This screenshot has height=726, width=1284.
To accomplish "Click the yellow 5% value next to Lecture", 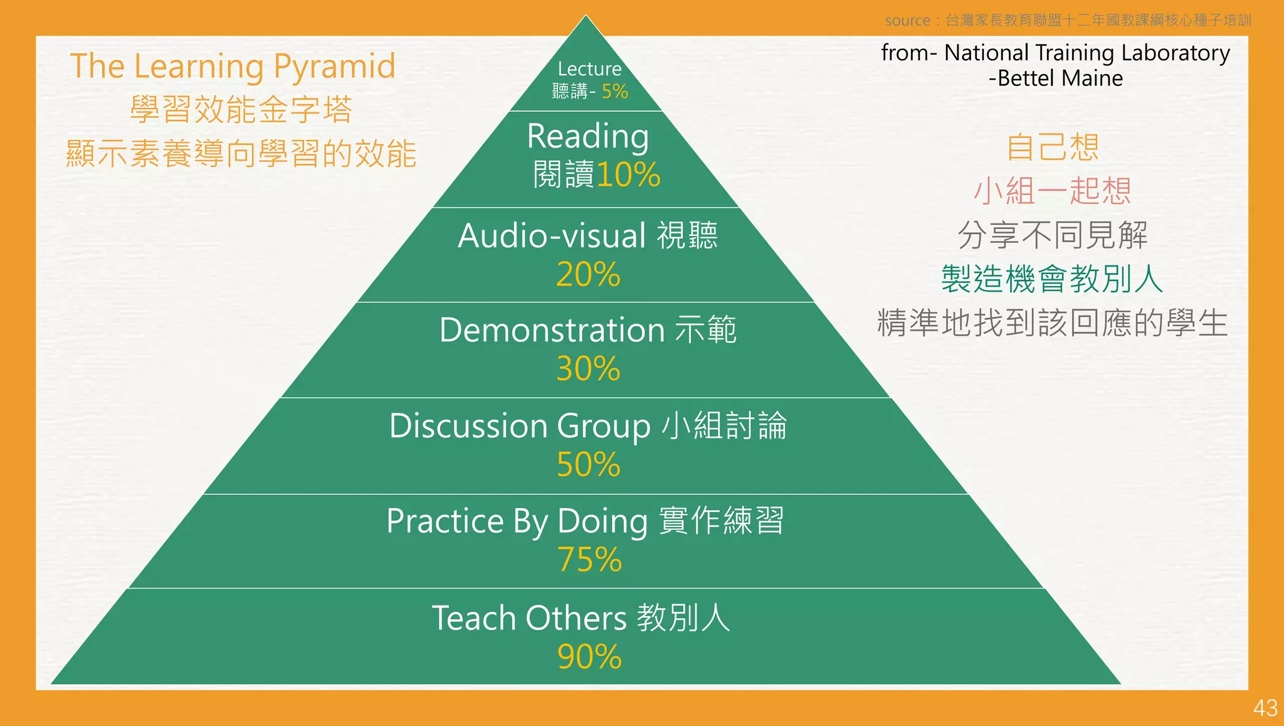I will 614,92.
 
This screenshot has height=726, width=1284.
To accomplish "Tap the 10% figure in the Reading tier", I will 628,174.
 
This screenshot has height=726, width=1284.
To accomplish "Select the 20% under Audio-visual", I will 588,275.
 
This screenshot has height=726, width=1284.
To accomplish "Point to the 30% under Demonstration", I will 588,369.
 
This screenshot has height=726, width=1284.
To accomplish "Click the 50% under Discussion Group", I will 588,465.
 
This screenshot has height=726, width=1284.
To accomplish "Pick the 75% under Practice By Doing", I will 589,560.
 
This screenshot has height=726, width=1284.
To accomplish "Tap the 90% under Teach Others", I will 589,657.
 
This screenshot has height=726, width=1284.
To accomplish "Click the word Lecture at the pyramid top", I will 589,68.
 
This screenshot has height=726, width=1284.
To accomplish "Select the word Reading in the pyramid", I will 587,136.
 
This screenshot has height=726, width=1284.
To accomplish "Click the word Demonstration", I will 552,330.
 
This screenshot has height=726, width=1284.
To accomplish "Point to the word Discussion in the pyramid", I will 468,426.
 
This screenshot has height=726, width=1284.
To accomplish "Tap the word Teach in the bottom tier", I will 473,618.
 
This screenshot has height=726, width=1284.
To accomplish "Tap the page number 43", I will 1265,708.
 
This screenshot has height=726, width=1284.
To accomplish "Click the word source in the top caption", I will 907,21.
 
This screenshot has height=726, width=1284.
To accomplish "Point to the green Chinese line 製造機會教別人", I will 1052,279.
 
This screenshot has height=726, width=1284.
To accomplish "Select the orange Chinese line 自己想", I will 1052,147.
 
